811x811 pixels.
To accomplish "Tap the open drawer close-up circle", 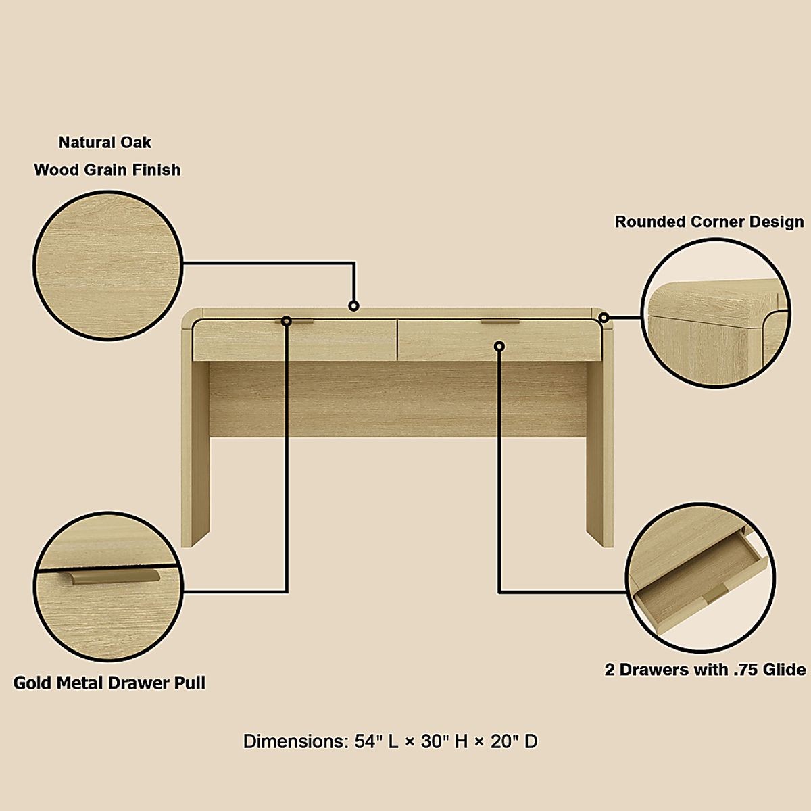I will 699,579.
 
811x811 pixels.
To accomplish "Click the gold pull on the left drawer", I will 298,322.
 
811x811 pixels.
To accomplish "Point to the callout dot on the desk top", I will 353,306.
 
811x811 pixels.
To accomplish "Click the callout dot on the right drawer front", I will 499,346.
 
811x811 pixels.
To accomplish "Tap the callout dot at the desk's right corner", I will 604,317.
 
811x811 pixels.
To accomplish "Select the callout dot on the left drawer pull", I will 287,321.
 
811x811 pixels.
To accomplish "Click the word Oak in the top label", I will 136,143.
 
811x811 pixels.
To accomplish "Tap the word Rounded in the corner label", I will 649,222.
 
